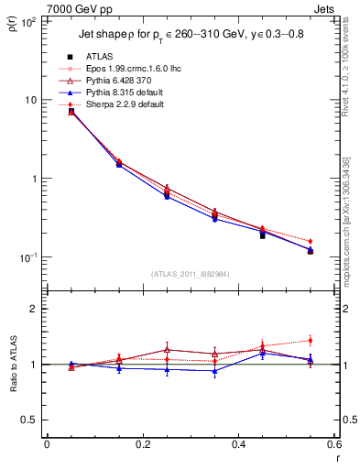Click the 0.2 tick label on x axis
142,445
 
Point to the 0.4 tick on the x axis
238,445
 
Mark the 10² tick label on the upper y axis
28,21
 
